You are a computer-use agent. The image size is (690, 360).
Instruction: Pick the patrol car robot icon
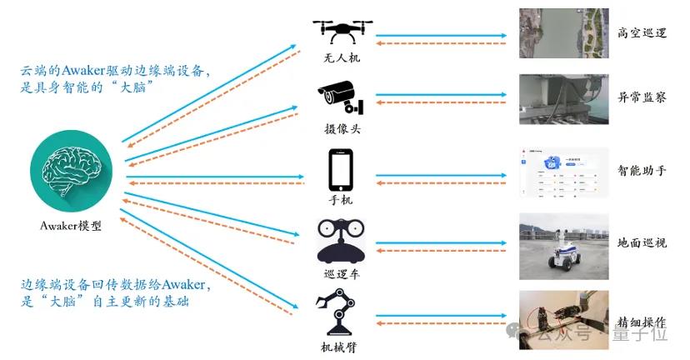(340, 240)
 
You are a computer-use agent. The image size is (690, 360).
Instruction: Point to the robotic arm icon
(340, 310)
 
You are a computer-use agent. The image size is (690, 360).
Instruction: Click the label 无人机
(340, 59)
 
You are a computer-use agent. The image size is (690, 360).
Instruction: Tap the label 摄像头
(340, 129)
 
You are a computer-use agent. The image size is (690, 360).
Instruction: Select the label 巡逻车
(341, 272)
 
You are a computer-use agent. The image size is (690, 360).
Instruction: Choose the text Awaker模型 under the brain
(71, 225)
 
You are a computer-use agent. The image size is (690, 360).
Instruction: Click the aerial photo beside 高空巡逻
(559, 32)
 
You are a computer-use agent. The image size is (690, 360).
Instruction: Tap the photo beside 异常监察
(559, 98)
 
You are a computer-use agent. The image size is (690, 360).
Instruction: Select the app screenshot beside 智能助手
(559, 172)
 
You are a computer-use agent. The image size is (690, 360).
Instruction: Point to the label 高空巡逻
(642, 33)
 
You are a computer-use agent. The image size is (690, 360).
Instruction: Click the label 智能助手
(642, 171)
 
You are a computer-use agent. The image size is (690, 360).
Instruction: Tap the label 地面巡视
(642, 243)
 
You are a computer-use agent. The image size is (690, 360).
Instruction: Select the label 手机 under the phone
(341, 200)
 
